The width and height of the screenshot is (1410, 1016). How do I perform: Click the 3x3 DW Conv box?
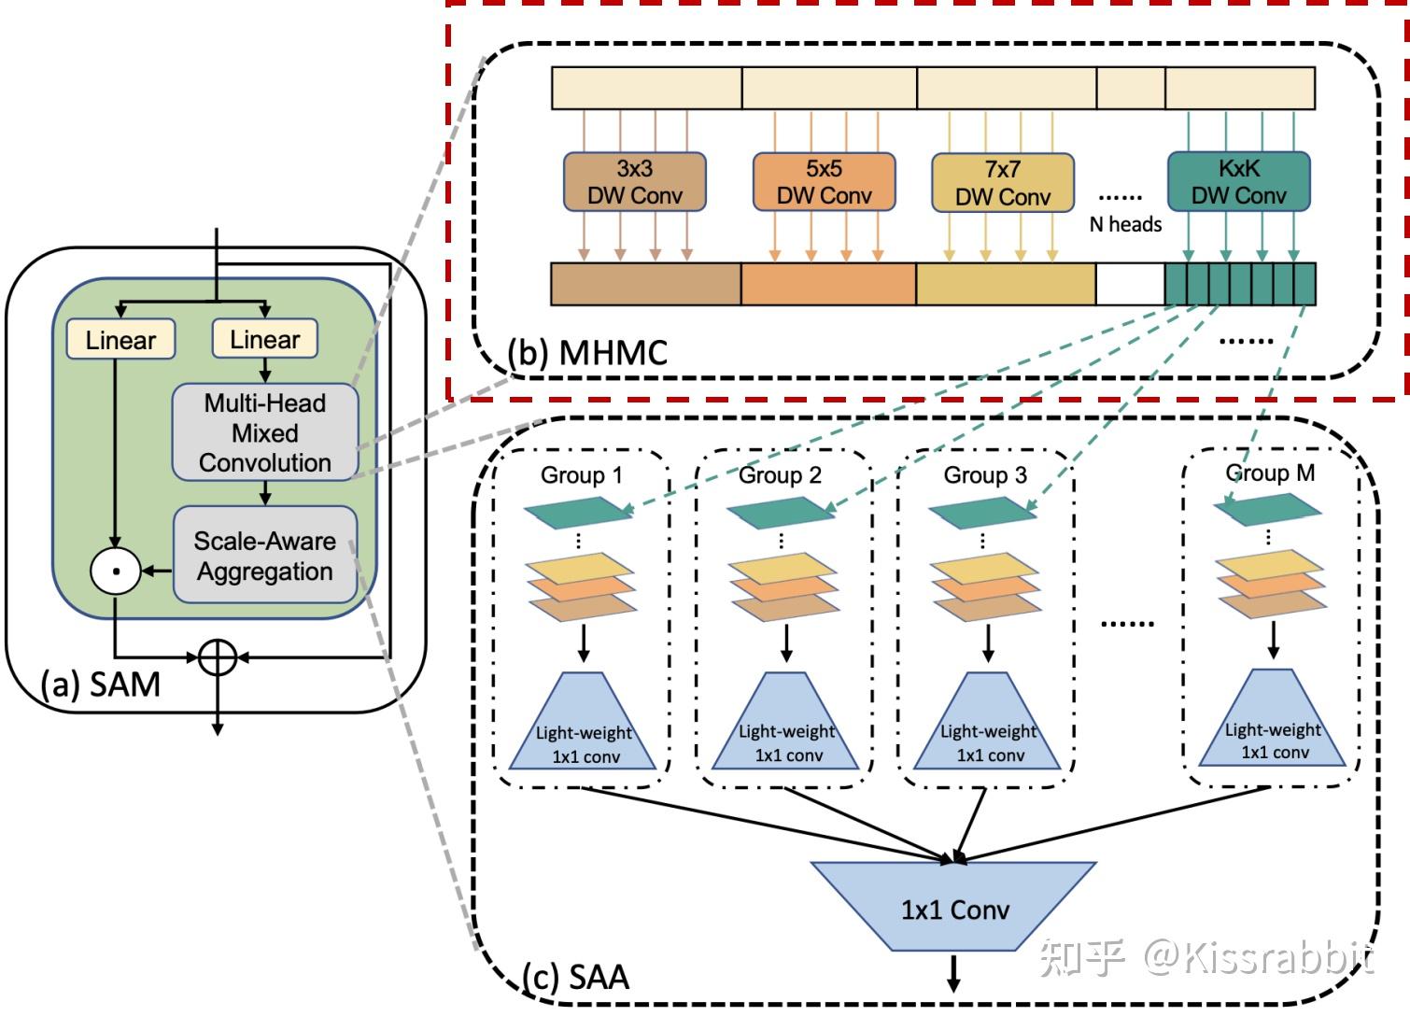[x=634, y=182]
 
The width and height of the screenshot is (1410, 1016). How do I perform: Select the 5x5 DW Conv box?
[x=824, y=182]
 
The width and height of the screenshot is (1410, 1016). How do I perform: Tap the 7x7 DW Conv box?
[x=1002, y=183]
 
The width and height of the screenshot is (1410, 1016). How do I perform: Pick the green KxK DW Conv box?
[x=1238, y=181]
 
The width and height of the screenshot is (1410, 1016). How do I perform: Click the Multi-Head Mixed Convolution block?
[x=265, y=432]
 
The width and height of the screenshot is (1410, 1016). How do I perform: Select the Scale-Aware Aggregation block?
[x=265, y=556]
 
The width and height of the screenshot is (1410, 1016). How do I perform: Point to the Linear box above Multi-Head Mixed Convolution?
[x=265, y=339]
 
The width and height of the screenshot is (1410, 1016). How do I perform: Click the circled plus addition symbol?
[x=218, y=657]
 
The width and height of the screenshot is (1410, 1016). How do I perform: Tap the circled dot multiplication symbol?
[x=115, y=570]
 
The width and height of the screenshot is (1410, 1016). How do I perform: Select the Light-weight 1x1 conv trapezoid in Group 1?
[x=584, y=728]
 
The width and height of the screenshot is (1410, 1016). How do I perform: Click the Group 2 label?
[x=780, y=475]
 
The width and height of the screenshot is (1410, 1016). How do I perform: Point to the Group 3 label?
[x=985, y=475]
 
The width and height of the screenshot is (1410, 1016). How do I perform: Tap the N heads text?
[x=1125, y=224]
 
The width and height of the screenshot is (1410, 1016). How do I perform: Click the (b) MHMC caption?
[x=587, y=353]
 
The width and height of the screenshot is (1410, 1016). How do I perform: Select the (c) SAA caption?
[x=575, y=977]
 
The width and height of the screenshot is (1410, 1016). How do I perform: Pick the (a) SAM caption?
[x=100, y=684]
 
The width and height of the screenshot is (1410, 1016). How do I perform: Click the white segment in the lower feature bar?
[x=1130, y=284]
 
